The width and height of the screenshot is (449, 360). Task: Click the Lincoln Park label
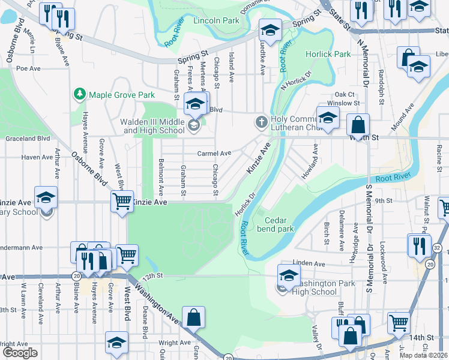(216, 20)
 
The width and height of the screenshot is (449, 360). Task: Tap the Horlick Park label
(328, 54)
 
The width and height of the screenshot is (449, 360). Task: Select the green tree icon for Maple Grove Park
(79, 94)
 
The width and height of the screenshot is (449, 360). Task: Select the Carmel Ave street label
(214, 153)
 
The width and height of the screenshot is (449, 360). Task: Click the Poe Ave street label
(28, 68)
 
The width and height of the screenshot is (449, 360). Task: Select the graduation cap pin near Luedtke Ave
(270, 31)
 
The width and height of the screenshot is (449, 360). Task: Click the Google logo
(19, 353)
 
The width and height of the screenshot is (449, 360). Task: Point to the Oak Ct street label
(345, 94)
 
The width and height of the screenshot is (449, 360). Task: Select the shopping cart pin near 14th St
(399, 323)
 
